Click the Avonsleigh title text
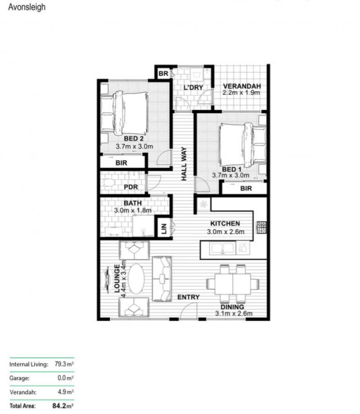click(x=27, y=7)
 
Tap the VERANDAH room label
click(x=242, y=86)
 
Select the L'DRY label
click(x=193, y=87)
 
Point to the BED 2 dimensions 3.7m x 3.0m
click(x=134, y=146)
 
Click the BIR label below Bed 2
click(x=121, y=163)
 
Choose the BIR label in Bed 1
click(x=246, y=189)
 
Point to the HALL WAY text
click(x=184, y=164)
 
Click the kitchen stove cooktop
click(x=262, y=227)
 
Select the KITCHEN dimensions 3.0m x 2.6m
click(x=225, y=232)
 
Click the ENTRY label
click(x=188, y=297)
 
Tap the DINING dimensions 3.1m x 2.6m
click(x=234, y=313)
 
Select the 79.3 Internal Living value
click(x=62, y=364)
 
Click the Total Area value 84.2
click(x=61, y=406)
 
